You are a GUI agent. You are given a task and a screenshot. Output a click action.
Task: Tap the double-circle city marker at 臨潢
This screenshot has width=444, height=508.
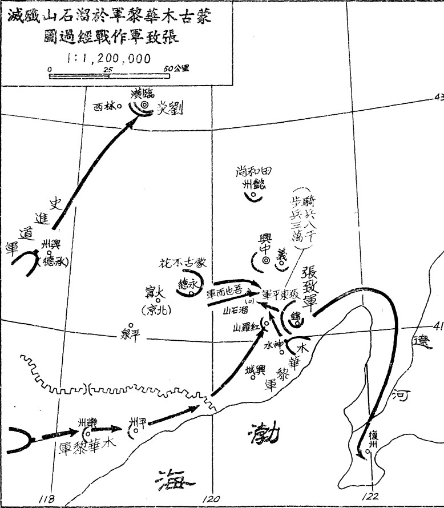coord(144,104)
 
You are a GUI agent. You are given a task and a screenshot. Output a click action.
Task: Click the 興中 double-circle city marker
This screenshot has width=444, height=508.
coord(265,261)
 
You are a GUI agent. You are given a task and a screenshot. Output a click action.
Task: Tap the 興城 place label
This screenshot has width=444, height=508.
coord(255,370)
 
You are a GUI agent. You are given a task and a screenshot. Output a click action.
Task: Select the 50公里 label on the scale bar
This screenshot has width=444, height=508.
coord(177,68)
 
